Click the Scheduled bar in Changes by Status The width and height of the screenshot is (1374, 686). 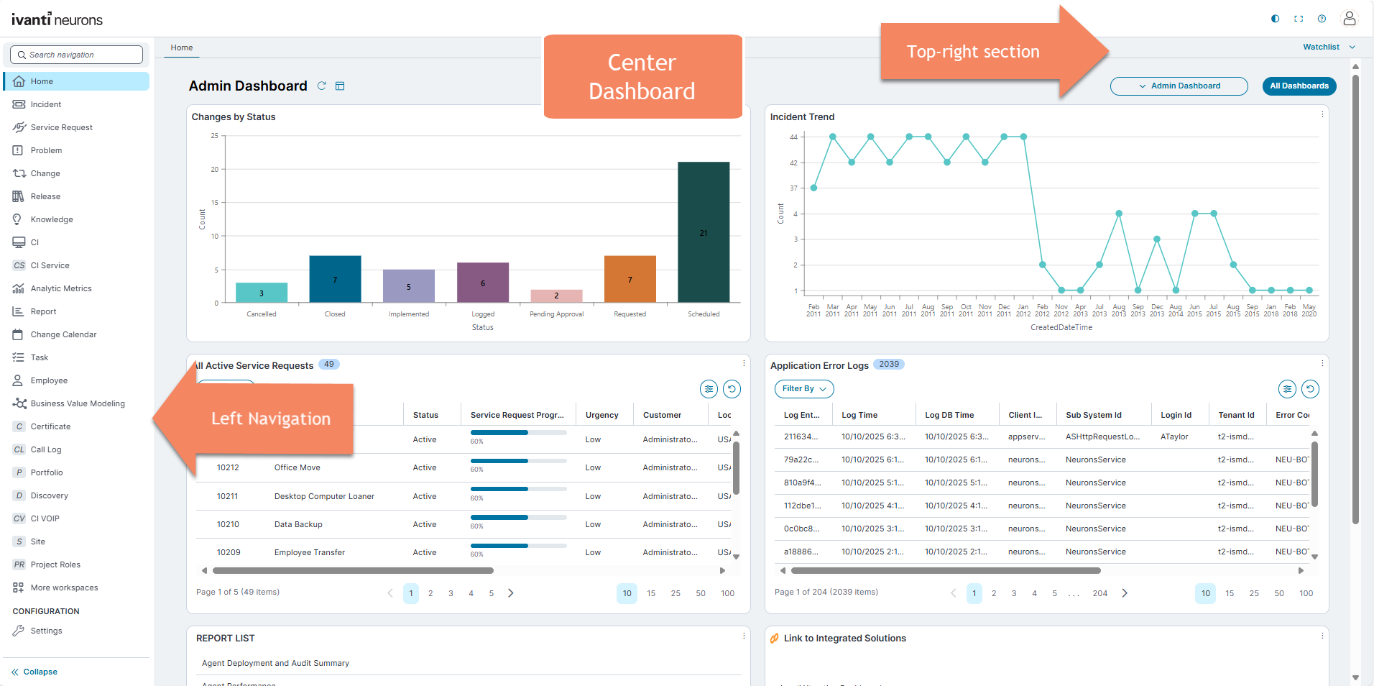pos(703,232)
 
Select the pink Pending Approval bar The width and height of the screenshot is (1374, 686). pos(556,296)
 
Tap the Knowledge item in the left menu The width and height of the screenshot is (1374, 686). pos(52,219)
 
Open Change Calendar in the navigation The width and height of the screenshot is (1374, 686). pos(63,334)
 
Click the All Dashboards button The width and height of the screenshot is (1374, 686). pos(1299,86)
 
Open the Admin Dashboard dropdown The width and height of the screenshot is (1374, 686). pos(1179,86)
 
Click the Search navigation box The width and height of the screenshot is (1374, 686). pos(77,55)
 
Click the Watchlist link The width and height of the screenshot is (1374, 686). pos(1321,47)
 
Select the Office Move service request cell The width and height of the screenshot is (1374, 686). pos(298,467)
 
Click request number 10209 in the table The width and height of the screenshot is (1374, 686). pos(229,552)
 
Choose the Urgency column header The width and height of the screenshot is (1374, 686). pos(601,415)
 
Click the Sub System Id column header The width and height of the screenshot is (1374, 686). pos(1093,415)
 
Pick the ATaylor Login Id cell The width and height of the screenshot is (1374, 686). pos(1174,436)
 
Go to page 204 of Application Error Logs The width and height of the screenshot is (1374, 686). pos(1099,593)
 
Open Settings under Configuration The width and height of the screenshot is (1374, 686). pos(46,631)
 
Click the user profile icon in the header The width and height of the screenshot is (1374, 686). pos(1349,19)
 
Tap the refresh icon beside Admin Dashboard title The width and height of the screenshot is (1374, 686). pos(322,86)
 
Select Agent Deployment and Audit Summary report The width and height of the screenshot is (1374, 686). pos(275,663)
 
